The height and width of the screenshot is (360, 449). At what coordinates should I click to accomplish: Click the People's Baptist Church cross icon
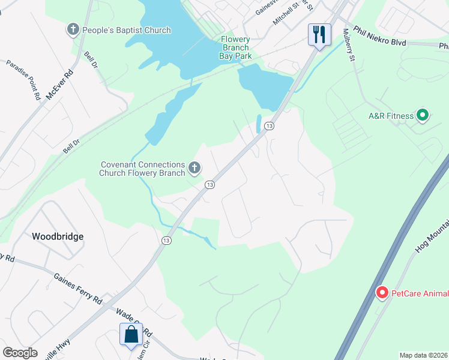point(73,29)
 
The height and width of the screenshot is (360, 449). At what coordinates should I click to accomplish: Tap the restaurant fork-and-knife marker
point(319,34)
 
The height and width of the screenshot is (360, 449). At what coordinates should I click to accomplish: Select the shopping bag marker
point(131,334)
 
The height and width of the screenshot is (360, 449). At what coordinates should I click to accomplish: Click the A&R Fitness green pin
point(422,116)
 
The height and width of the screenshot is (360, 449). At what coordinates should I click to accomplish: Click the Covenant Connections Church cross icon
point(194,169)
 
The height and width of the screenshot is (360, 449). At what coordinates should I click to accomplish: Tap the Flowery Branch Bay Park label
point(235,47)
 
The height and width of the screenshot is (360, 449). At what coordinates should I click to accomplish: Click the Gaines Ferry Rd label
point(78,289)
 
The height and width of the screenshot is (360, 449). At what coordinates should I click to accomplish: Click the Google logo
point(20,353)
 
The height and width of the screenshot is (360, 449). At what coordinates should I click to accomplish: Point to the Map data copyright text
point(423,355)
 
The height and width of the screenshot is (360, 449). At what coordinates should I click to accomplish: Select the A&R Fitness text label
point(391,116)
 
